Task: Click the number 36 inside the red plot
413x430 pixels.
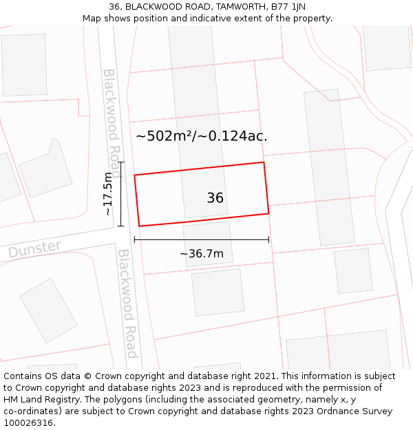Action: point(215,198)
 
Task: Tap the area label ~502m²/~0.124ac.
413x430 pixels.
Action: point(201,136)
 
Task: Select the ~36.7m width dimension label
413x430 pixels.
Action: point(201,254)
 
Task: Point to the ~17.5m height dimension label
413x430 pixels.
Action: point(108,195)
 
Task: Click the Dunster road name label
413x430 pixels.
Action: point(34,249)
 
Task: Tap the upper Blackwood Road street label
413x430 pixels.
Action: point(112,114)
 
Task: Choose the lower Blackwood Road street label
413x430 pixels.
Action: point(127,303)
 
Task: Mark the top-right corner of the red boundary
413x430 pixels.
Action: point(264,162)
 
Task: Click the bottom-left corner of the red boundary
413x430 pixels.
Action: point(140,226)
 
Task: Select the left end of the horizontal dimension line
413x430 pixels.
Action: point(134,240)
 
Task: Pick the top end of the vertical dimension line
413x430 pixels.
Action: point(121,162)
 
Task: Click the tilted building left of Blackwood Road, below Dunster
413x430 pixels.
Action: point(48,310)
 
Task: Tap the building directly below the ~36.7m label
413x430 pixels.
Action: point(218,292)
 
